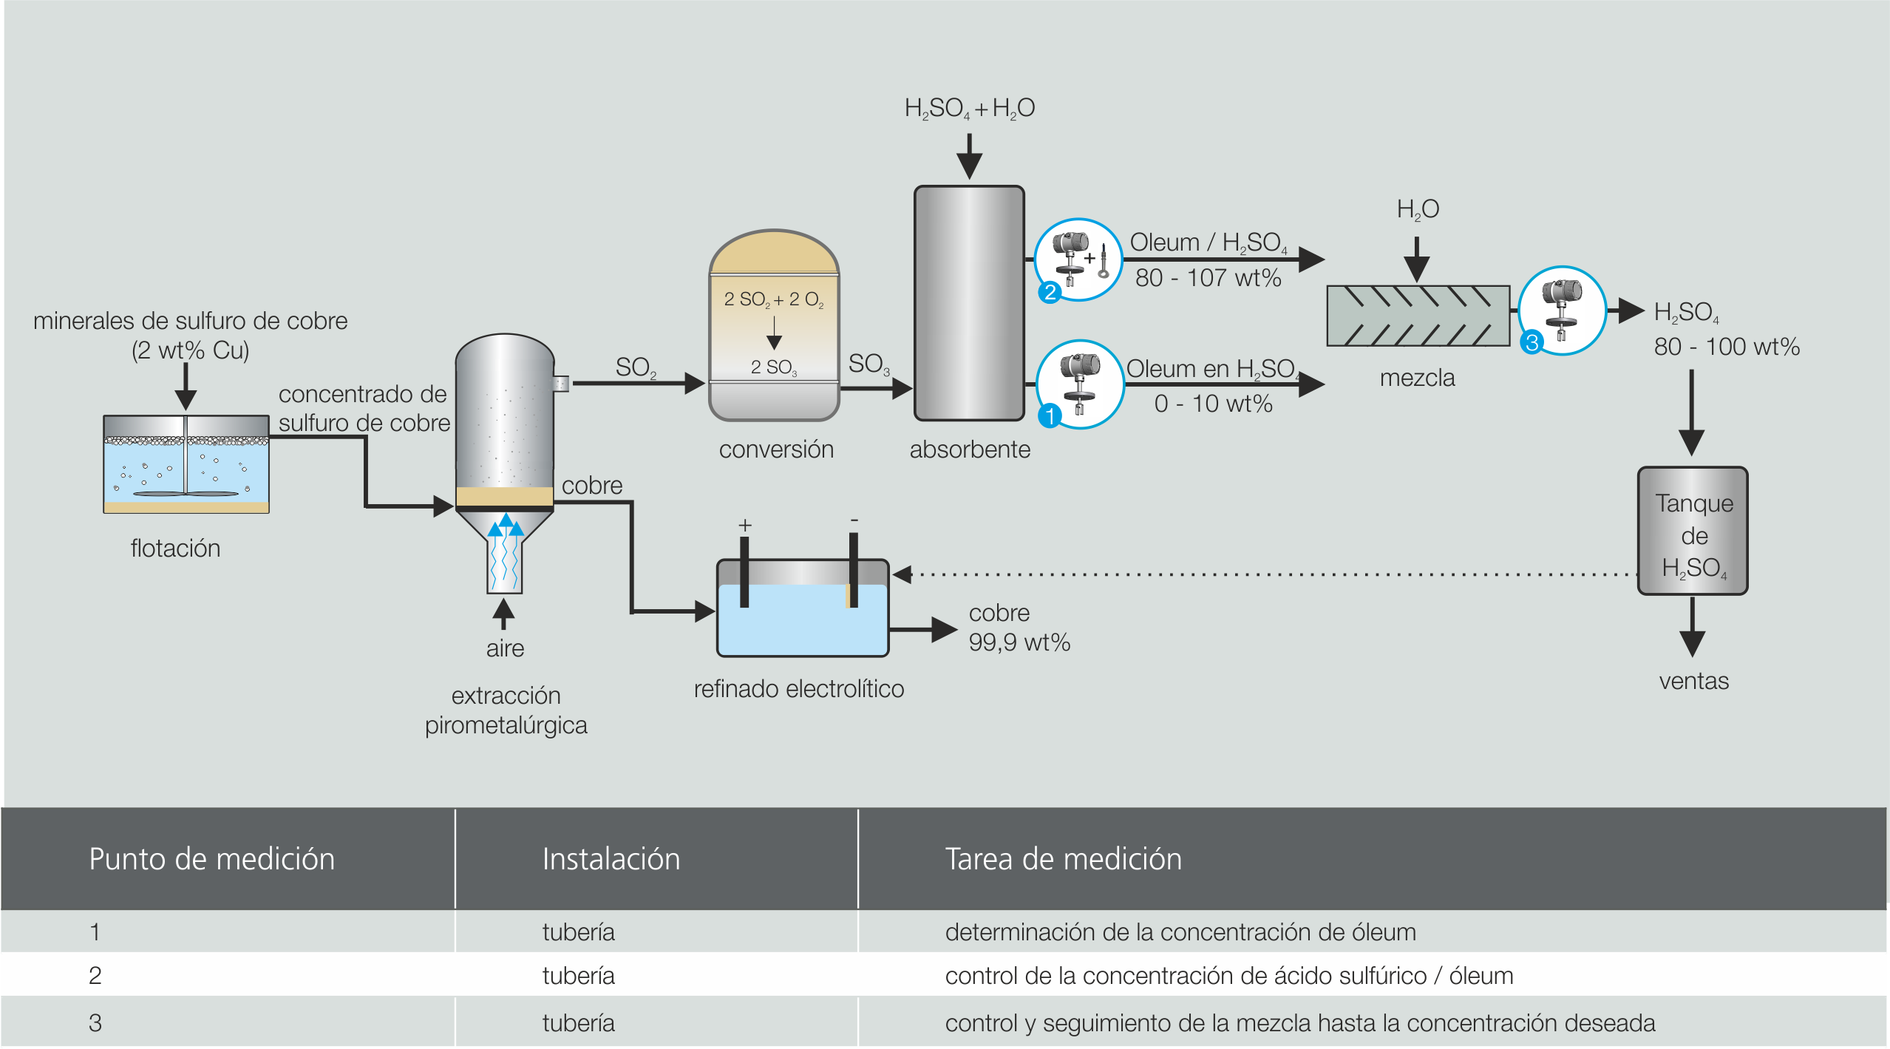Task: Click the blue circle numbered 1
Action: click(1049, 416)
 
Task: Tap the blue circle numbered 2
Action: click(1049, 292)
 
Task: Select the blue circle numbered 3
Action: click(1532, 342)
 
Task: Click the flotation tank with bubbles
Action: click(186, 464)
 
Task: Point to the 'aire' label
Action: click(505, 648)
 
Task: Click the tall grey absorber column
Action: click(969, 303)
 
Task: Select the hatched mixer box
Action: click(1418, 316)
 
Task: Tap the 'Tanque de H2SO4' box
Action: click(1693, 531)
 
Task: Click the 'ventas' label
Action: click(1693, 681)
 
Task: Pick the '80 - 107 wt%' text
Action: click(1208, 278)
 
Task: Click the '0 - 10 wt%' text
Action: click(1213, 404)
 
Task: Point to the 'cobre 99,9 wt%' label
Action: click(1019, 628)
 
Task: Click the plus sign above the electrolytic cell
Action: click(745, 525)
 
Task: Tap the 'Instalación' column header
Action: click(611, 859)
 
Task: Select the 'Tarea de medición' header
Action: click(1063, 859)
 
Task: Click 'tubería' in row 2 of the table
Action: click(578, 976)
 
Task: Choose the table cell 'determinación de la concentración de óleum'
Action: click(1180, 932)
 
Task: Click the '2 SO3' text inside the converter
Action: click(773, 367)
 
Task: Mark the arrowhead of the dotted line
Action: click(902, 574)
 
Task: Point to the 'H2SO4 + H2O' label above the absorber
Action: click(969, 109)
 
